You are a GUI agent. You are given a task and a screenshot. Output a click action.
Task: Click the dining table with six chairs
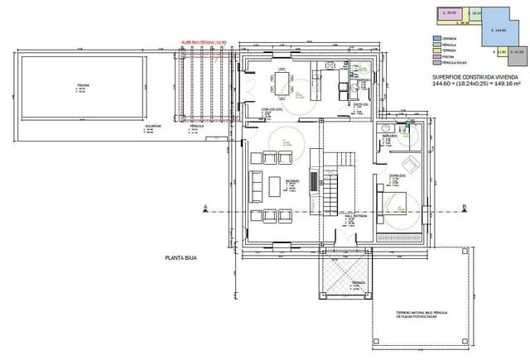click(283, 81)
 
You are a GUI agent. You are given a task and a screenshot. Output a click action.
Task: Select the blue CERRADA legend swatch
click(436, 37)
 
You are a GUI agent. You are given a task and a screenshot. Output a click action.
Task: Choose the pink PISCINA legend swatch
click(436, 55)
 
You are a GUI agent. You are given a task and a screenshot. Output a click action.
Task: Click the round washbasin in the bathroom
click(386, 128)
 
